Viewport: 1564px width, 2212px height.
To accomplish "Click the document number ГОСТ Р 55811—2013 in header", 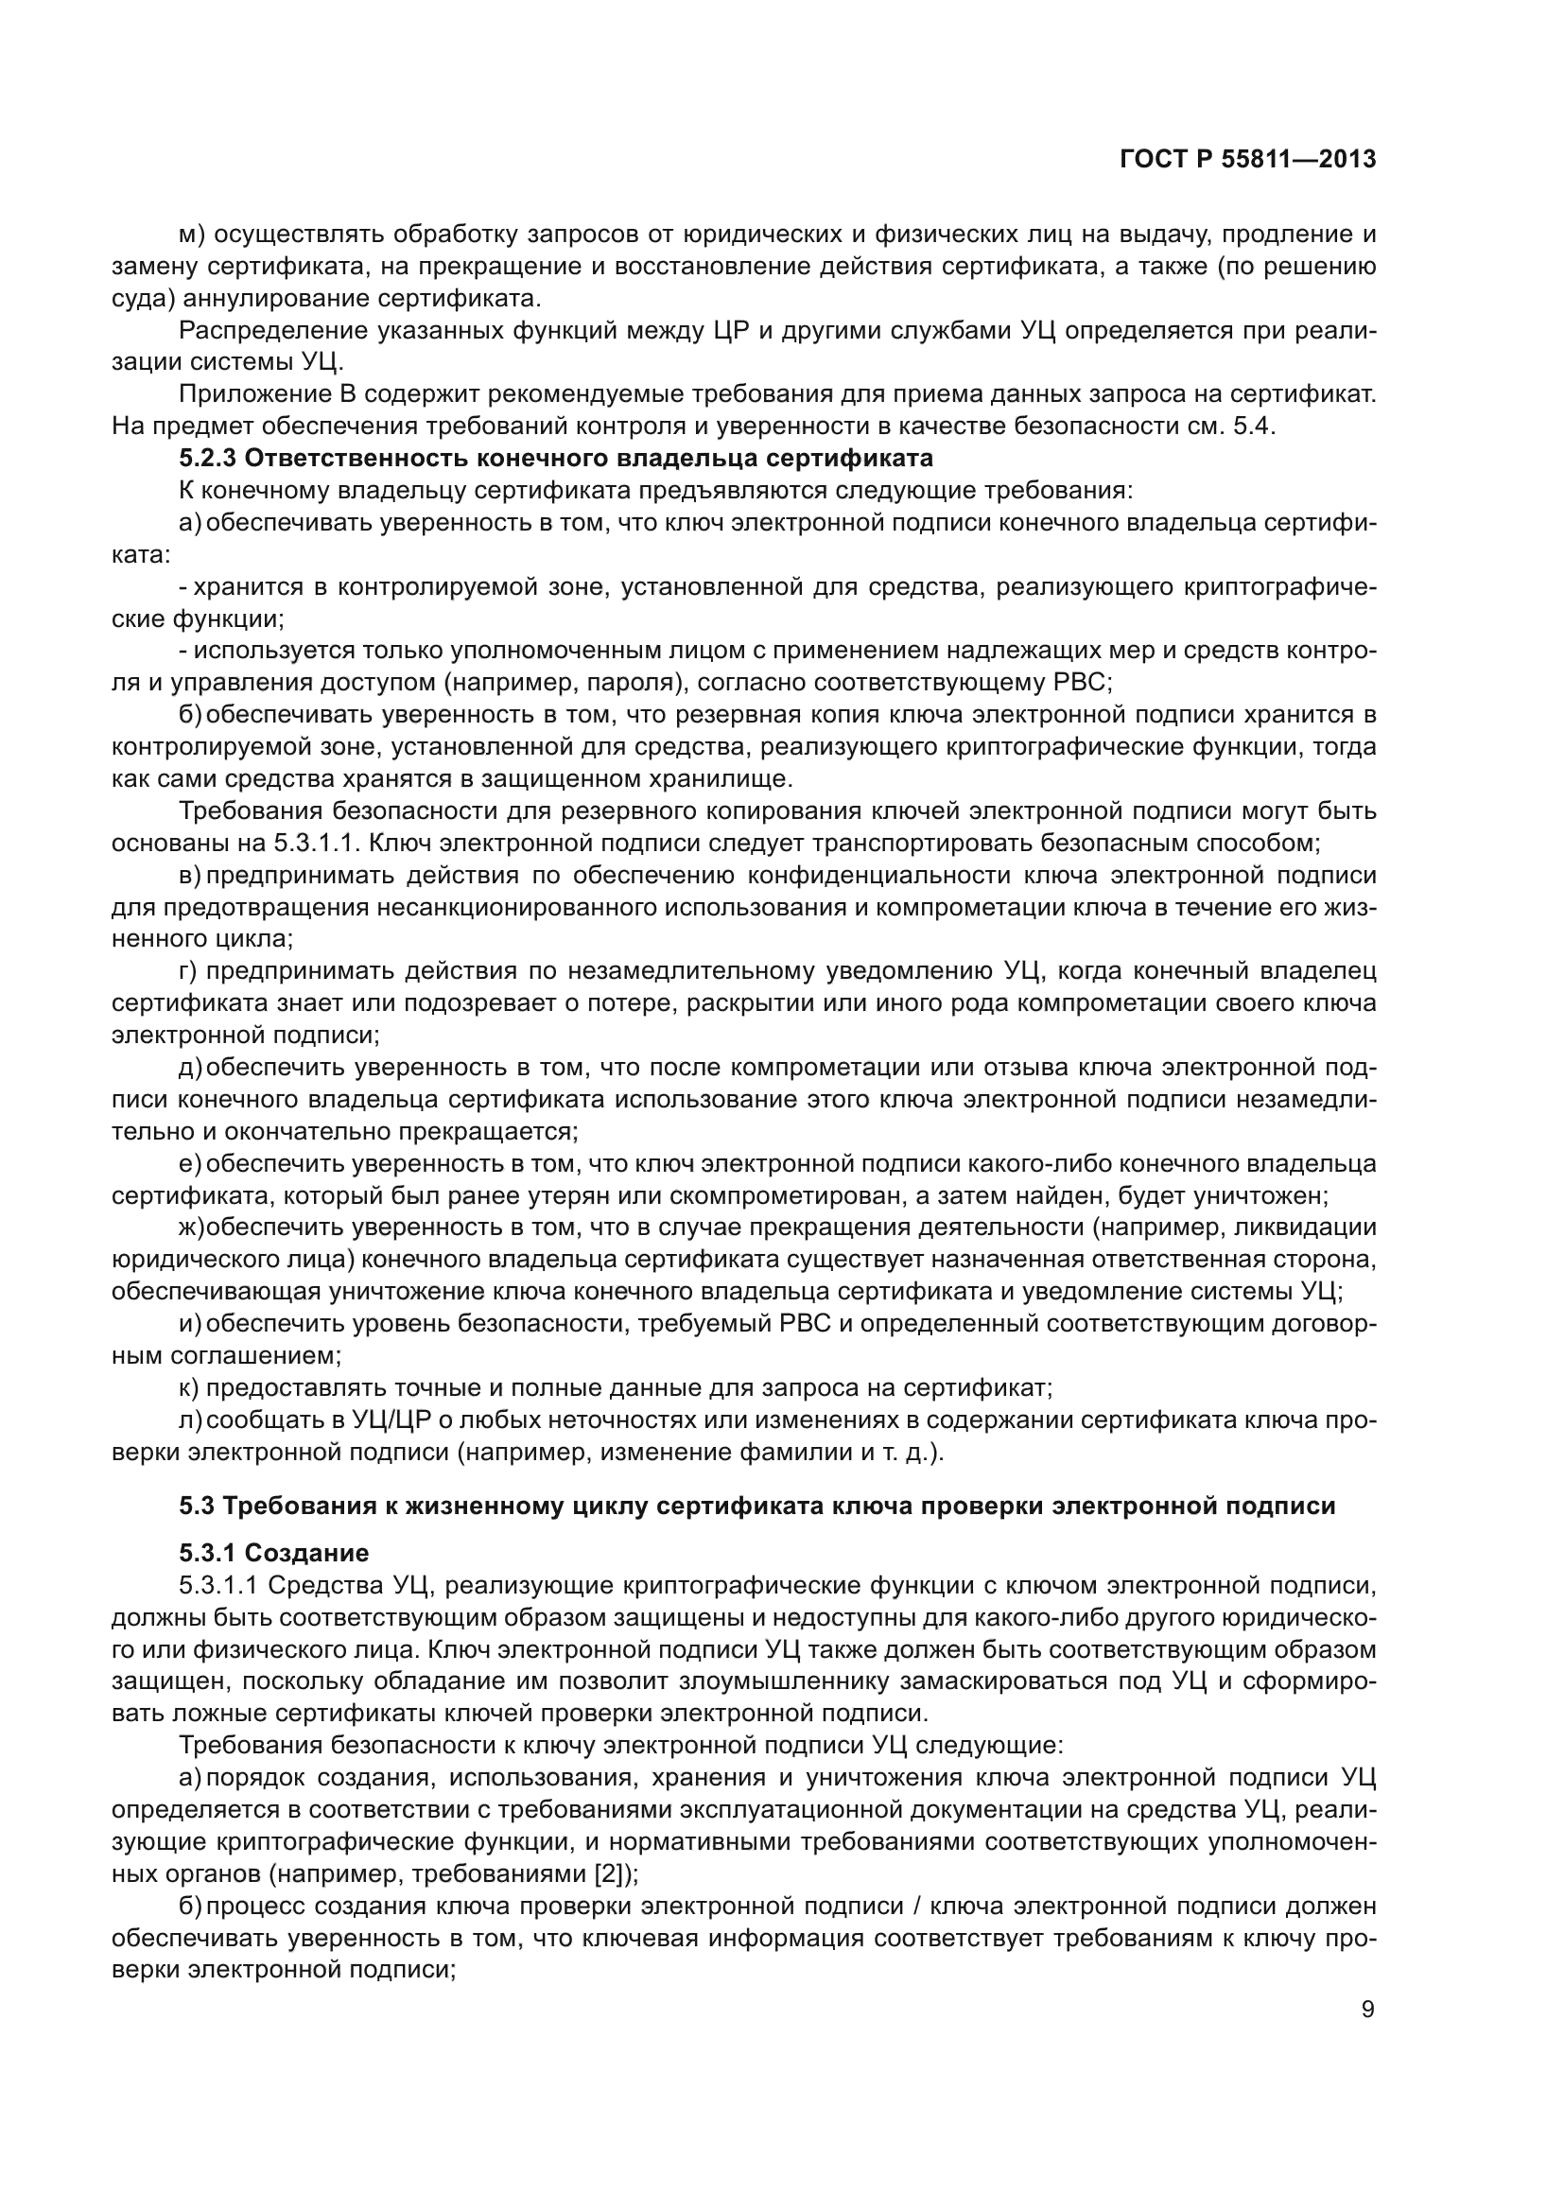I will click(x=1247, y=159).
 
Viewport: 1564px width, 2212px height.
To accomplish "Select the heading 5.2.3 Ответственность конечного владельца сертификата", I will click(x=556, y=459).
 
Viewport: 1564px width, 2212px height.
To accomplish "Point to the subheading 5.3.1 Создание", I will click(x=273, y=1553).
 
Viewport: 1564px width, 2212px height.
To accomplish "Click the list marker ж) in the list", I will click(x=192, y=1228).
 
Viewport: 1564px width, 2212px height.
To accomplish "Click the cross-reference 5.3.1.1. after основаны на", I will click(x=317, y=843).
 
